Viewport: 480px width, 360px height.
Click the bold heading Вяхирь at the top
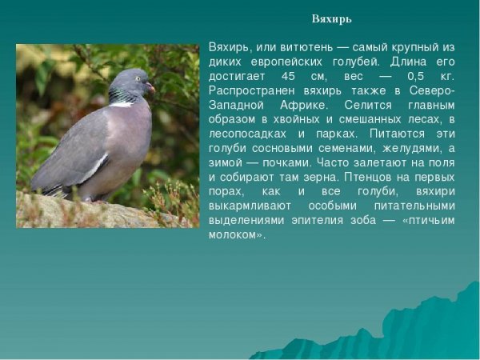click(332, 19)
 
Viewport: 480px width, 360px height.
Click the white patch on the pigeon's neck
click(122, 103)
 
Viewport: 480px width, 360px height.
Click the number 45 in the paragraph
click(290, 75)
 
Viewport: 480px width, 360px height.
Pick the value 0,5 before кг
click(416, 75)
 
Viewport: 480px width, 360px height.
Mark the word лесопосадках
click(246, 134)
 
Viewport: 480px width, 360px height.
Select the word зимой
click(226, 162)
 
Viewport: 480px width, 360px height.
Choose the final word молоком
click(235, 235)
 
